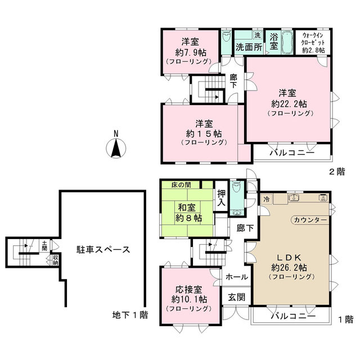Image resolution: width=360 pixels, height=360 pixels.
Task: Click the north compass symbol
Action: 115,147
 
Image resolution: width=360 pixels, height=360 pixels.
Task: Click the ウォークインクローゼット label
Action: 313,41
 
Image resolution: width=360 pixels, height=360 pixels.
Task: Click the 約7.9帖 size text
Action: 190,51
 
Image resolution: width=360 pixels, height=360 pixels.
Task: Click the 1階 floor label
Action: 345,319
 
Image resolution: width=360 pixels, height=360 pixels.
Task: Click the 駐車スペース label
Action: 103,249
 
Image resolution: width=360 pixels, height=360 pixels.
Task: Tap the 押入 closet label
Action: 223,197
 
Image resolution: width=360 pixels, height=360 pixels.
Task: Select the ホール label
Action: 236,277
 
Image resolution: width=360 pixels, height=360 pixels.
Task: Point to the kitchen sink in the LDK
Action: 294,198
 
